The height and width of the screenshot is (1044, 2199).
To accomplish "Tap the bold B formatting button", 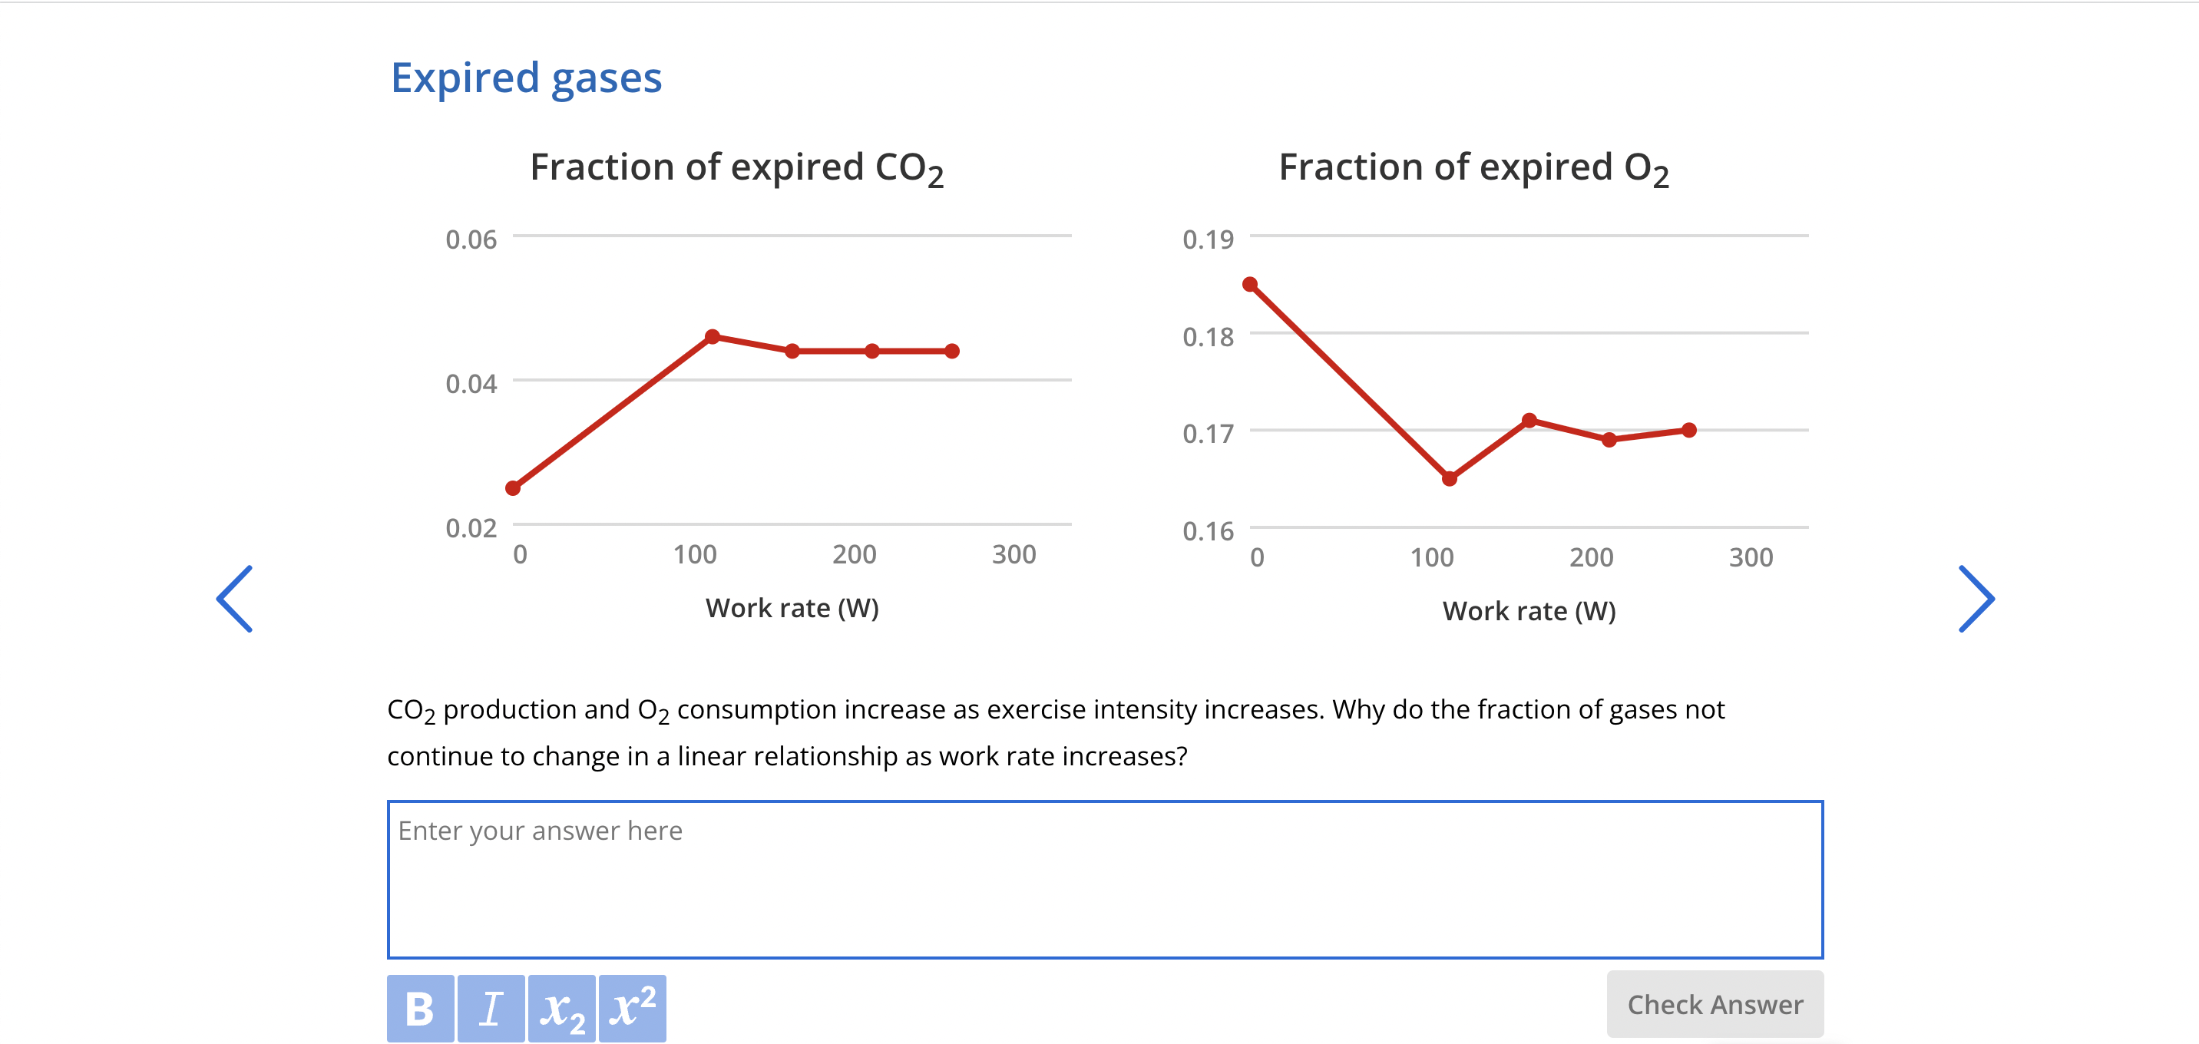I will (x=420, y=1008).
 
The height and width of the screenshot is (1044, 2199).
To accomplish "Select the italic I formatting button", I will (x=491, y=1008).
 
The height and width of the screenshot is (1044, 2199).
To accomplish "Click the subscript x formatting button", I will (x=562, y=1008).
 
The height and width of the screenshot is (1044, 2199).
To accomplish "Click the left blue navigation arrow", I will (x=235, y=599).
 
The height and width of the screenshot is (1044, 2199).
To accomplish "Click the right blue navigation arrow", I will (x=1976, y=599).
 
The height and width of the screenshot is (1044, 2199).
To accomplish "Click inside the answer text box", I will (x=1105, y=879).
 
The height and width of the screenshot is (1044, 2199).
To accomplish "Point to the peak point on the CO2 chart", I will (x=713, y=336).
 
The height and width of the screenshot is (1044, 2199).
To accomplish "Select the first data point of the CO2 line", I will (x=513, y=488).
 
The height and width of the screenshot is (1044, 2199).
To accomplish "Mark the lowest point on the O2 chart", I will (x=1450, y=479).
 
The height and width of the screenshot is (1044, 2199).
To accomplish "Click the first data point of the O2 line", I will (x=1251, y=284).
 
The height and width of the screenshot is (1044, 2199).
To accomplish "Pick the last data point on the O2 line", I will (x=1688, y=430).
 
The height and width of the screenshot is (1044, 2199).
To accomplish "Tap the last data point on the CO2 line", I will (x=953, y=351).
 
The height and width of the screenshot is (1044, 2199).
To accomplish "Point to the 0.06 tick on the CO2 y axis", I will (x=471, y=240).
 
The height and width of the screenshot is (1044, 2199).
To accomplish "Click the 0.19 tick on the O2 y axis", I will (x=1208, y=240).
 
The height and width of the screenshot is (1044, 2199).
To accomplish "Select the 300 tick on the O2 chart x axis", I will (x=1751, y=557).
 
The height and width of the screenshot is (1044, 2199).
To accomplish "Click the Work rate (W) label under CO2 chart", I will (x=792, y=608).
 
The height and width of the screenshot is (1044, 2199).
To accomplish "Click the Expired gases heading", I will (x=526, y=78).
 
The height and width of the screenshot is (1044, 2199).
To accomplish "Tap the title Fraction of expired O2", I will (x=1473, y=168).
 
